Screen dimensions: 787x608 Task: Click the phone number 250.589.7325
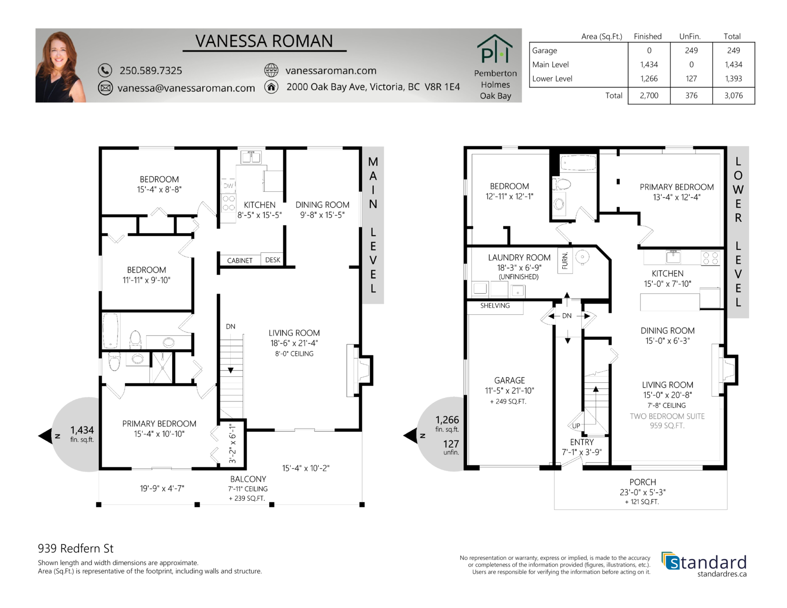coord(151,70)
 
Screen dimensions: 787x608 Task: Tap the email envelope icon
coord(105,88)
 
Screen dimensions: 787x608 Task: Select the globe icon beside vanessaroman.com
coord(271,70)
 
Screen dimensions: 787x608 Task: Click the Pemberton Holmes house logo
coord(495,49)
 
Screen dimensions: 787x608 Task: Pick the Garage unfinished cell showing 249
coord(691,50)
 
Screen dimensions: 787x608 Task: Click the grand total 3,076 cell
coord(733,95)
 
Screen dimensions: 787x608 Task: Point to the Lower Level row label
coord(552,79)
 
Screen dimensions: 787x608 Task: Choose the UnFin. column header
coord(690,36)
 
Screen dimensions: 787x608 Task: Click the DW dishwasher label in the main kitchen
coord(228,186)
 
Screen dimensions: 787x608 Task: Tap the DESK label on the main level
coord(272,260)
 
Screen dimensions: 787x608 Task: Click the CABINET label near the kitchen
coord(240,260)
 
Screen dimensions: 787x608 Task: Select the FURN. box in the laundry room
coord(565,261)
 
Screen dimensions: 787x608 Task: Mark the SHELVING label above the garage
coord(495,305)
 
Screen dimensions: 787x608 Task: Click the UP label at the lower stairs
coord(576,426)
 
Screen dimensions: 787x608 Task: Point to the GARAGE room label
coord(509,381)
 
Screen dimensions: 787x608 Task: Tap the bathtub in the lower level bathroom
coord(578,163)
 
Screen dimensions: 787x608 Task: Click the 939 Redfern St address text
coord(76,548)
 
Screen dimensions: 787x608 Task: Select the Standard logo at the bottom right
coord(704,564)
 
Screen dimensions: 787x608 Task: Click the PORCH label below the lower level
coord(642,482)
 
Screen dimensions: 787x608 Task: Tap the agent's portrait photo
coord(61,66)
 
